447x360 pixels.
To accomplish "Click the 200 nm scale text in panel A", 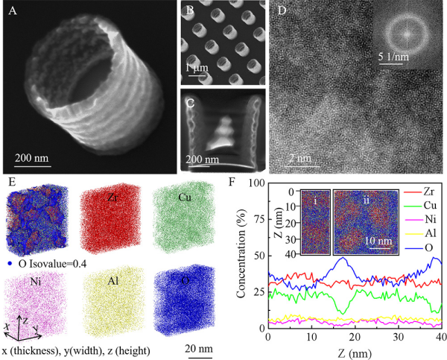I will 36,157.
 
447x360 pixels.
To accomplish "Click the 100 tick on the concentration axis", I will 256,183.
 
